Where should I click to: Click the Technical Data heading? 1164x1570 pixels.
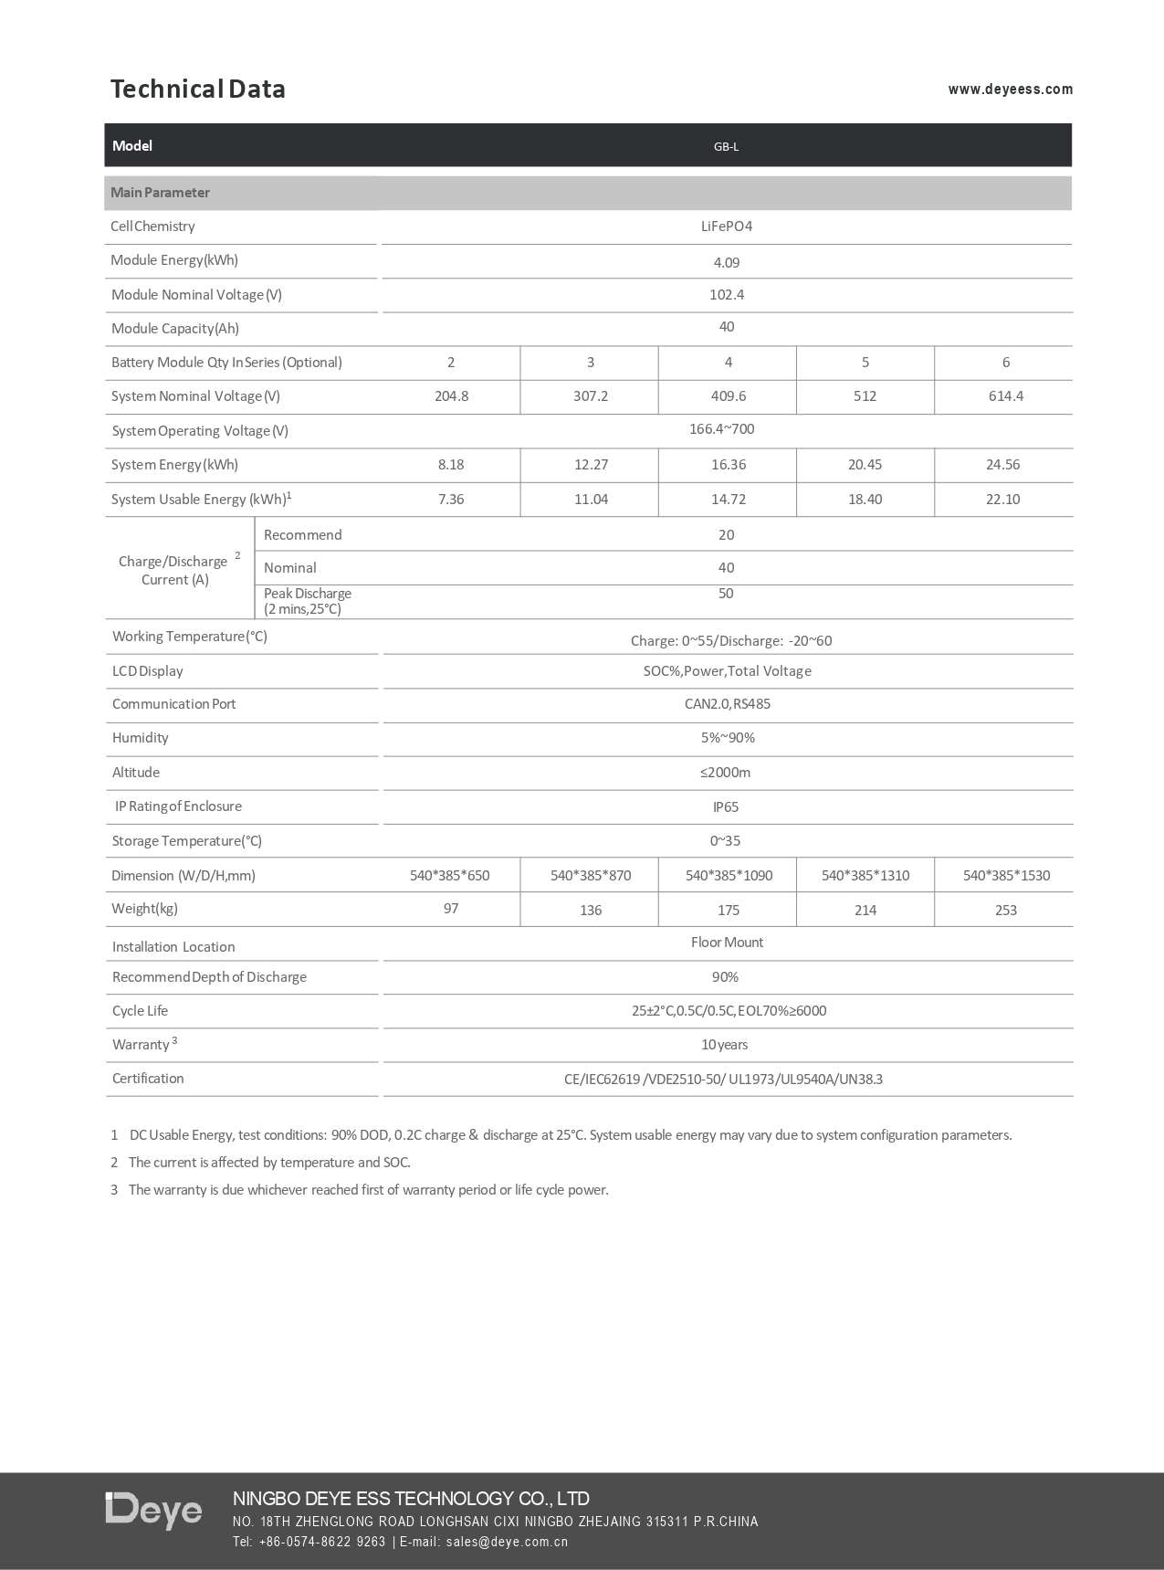pos(197,89)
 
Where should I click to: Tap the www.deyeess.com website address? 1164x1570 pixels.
pos(1010,90)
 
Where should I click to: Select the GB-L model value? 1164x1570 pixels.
pos(726,146)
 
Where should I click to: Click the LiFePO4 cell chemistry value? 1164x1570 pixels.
pos(726,227)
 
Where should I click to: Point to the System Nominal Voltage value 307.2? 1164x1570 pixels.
pos(590,396)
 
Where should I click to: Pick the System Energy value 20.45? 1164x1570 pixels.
pos(865,465)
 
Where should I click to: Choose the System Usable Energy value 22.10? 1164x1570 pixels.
pos(1002,500)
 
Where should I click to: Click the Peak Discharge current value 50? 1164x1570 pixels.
pos(726,594)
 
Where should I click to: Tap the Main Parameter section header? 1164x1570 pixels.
pos(160,193)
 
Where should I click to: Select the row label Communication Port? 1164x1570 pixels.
pos(173,704)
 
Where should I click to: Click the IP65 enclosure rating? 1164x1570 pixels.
pos(726,807)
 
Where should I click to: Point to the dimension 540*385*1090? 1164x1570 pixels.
pos(729,876)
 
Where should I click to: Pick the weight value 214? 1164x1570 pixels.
pos(865,911)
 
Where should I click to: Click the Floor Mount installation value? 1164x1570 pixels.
pos(727,943)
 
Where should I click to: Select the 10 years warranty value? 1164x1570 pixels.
pos(724,1045)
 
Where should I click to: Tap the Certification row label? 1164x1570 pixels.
pos(148,1079)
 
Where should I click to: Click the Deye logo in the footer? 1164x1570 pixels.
pos(153,1511)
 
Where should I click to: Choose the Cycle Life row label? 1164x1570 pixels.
pos(140,1011)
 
